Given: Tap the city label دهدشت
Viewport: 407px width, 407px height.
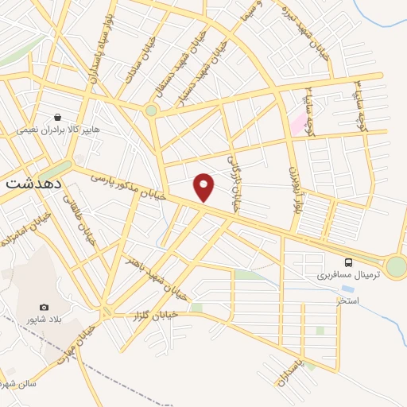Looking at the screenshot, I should pyautogui.click(x=33, y=182).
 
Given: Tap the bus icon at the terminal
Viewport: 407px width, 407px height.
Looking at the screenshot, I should pyautogui.click(x=347, y=262).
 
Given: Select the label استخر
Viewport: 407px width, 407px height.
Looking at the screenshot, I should pyautogui.click(x=347, y=301).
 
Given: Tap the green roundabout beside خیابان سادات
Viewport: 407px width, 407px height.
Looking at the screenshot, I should pyautogui.click(x=151, y=111).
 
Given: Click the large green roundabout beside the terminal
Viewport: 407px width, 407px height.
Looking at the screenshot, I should pyautogui.click(x=395, y=266).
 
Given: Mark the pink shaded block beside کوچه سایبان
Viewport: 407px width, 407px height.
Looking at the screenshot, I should pyautogui.click(x=297, y=124).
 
